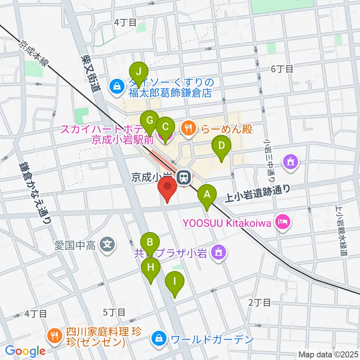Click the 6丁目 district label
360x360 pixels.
[282, 69]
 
